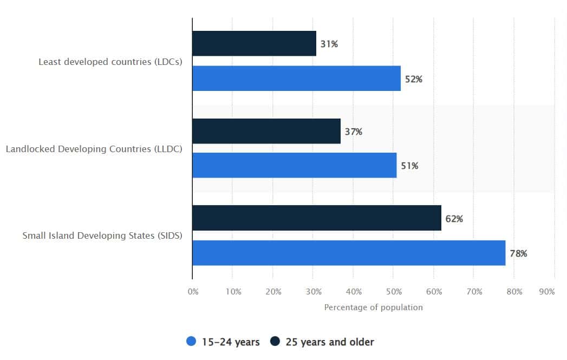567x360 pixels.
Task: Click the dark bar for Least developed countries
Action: point(254,43)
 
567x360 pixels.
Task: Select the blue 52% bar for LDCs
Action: point(296,78)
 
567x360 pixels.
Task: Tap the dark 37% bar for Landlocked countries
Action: point(266,131)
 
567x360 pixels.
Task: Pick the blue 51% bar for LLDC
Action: point(294,165)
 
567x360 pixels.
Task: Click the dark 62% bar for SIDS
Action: point(317,218)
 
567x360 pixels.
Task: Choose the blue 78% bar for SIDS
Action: point(349,253)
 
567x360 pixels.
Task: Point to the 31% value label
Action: point(329,44)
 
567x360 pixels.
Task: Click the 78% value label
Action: point(518,253)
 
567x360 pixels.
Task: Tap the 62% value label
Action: point(454,219)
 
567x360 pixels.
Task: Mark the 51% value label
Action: point(409,166)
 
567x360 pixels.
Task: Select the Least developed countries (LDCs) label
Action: point(110,62)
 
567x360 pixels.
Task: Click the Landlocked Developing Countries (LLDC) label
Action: point(94,149)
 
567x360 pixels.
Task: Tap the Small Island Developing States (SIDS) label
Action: point(102,235)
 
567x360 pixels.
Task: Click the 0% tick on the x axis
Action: point(193,292)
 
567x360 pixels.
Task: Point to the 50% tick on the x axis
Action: point(394,292)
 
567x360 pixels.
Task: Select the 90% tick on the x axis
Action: point(547,292)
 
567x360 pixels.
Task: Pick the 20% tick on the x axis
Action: point(273,292)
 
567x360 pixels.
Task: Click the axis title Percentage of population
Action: point(373,307)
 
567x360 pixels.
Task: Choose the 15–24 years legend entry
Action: point(223,342)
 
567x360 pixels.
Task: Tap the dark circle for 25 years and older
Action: point(275,342)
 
